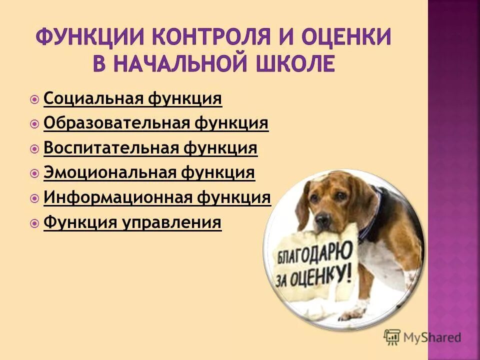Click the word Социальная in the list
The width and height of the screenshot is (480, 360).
tap(93, 98)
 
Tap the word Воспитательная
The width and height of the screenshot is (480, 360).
tap(111, 148)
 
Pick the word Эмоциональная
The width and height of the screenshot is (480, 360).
tap(109, 173)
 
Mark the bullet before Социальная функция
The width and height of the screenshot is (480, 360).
tap(34, 99)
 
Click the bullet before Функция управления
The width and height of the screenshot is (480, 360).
tap(34, 223)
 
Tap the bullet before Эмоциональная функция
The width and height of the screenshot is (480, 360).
tap(34, 173)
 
